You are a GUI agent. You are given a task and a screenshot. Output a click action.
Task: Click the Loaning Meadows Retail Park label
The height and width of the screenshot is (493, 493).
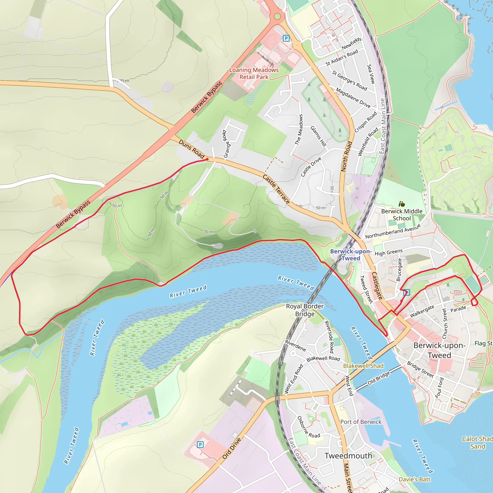[254, 73]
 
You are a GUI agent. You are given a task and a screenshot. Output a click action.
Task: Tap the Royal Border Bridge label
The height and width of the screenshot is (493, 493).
[305, 310]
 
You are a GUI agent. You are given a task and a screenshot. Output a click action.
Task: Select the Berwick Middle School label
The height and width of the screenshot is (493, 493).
[402, 214]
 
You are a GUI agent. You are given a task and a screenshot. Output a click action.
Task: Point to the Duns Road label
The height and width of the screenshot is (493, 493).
[191, 149]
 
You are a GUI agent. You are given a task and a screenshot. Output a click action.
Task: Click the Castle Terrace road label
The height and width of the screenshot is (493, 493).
[276, 189]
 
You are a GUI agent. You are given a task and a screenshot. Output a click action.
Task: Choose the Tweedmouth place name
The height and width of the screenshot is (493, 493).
[348, 455]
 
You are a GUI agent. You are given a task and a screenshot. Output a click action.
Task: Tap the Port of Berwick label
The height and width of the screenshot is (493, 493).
[361, 422]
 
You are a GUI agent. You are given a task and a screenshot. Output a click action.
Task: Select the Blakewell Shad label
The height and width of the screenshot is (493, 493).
[363, 366]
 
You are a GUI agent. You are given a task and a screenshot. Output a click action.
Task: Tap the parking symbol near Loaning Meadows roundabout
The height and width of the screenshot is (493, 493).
[286, 39]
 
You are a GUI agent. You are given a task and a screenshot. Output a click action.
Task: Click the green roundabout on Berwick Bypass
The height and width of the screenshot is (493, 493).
[277, 17]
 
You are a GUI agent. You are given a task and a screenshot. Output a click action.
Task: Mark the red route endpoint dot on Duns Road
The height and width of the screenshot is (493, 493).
[208, 159]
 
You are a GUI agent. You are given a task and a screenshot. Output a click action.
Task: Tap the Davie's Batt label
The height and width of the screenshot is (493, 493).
[415, 480]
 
